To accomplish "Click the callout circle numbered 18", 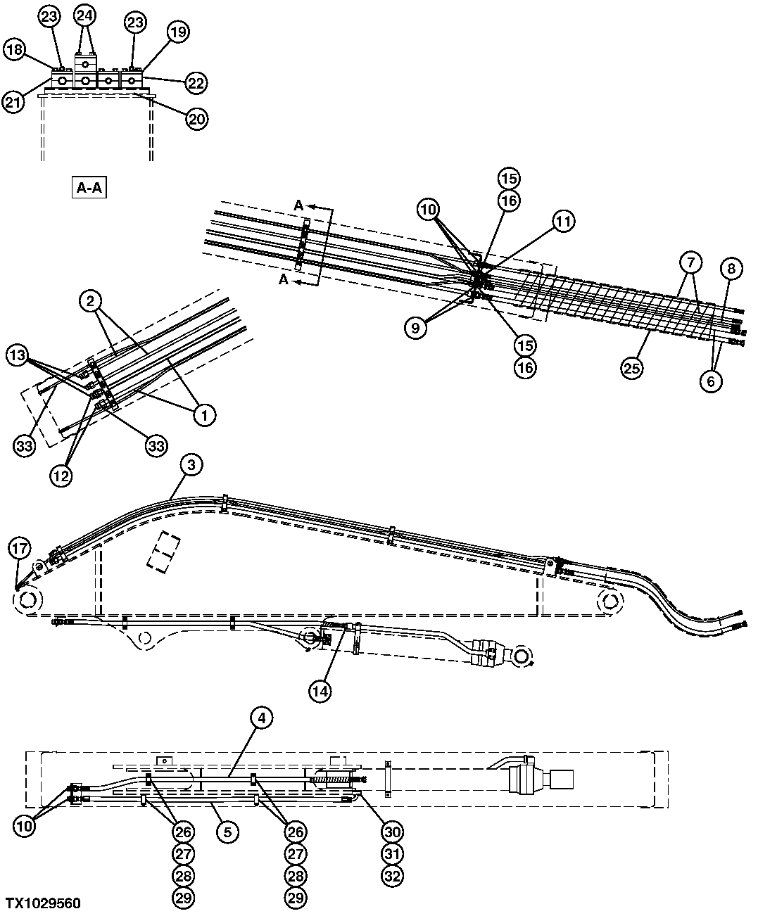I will click(15, 49).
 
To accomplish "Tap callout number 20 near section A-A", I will click(197, 119).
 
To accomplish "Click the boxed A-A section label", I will click(88, 189).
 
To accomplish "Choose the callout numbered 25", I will click(632, 368).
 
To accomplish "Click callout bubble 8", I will click(731, 268).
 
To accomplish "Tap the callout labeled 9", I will click(415, 328).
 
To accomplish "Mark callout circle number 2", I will click(89, 302).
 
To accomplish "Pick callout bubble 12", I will click(61, 475).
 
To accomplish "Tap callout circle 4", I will click(261, 718).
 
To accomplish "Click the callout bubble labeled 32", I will click(391, 876).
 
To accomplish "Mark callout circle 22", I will click(196, 83).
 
